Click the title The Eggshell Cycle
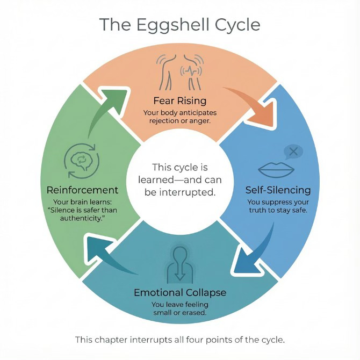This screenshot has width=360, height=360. pos(179,25)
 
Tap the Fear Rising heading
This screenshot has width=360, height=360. pos(179,100)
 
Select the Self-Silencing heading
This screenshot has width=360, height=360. pos(278,190)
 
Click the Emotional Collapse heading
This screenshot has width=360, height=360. pos(179,293)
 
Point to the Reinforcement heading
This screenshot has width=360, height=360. pos(82,190)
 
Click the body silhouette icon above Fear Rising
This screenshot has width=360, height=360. pos(179,73)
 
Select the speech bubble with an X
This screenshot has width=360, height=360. pos(293,152)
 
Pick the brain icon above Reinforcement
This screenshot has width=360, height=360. pos(82,160)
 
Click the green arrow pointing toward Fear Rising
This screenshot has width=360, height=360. pos(107,107)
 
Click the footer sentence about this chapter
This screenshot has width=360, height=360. pos(179,339)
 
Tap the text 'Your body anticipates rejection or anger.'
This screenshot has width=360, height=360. pos(179,117)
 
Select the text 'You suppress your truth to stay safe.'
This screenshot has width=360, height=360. pos(278,206)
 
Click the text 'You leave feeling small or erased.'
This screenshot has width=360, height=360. pos(179,308)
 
